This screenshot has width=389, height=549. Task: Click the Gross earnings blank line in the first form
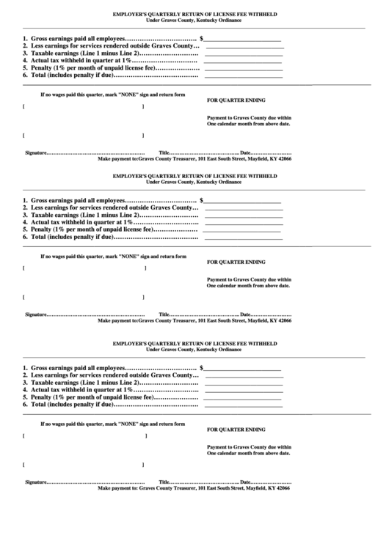point(243,39)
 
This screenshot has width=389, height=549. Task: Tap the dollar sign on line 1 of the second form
point(202,199)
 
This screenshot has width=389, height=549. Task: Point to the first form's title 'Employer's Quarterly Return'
point(194,13)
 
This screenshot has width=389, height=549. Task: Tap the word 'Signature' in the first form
point(36,152)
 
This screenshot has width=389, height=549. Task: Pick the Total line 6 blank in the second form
point(243,237)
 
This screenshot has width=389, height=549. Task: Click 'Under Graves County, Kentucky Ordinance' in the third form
point(194,349)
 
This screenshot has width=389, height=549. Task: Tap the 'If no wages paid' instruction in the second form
point(113,257)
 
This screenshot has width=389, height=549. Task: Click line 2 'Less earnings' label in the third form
point(111,375)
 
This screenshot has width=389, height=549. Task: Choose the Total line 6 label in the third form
point(70,404)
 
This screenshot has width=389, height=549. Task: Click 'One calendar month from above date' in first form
point(249,124)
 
